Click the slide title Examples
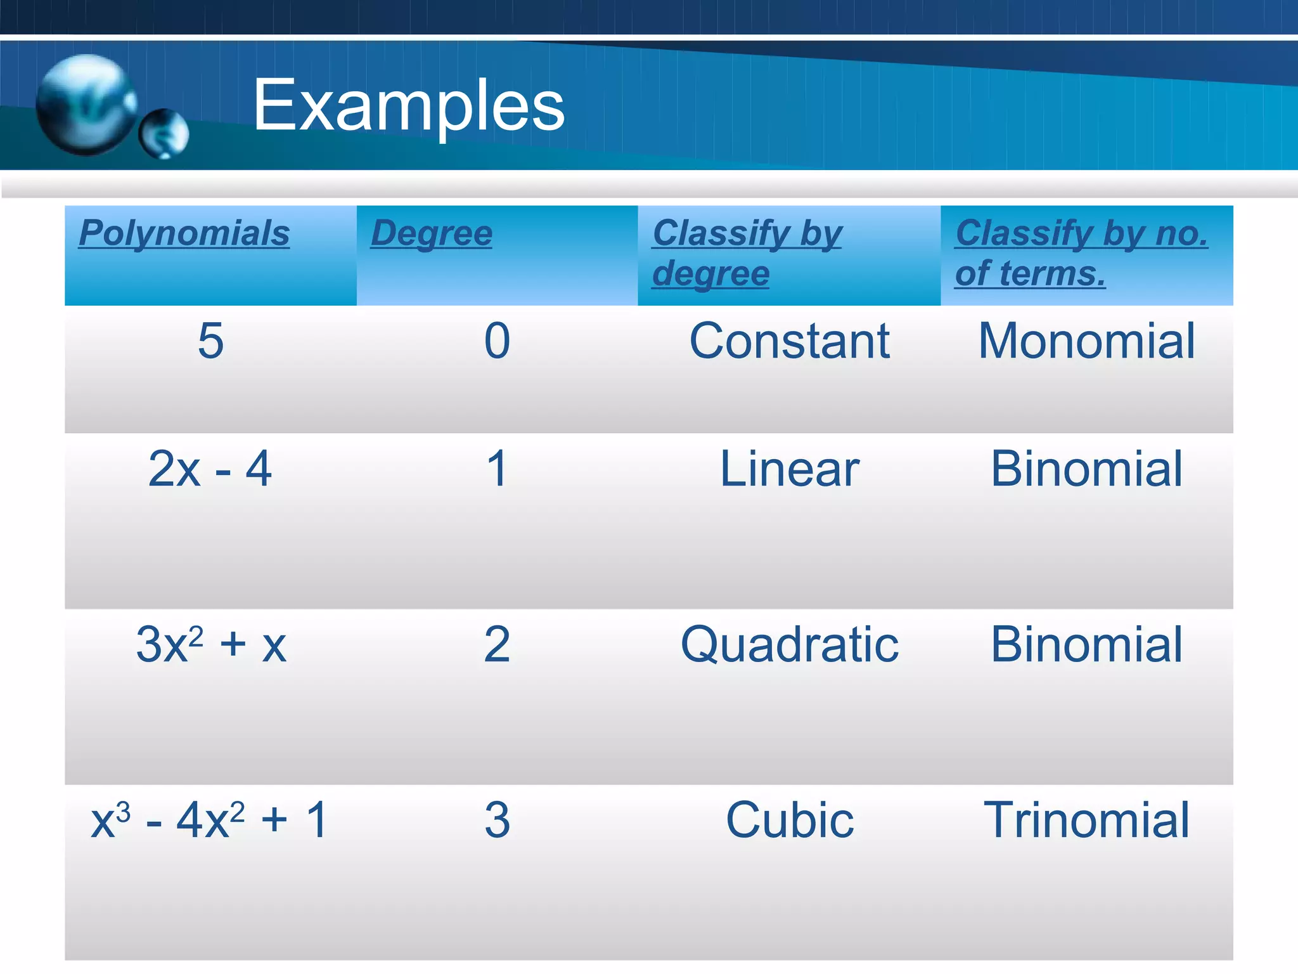[x=408, y=105]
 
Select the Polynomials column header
[x=184, y=233]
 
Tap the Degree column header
[x=432, y=233]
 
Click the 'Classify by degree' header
[x=747, y=253]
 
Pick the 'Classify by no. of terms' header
[x=1081, y=253]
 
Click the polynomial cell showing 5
[x=210, y=341]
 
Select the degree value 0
[x=497, y=341]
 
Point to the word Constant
[x=789, y=341]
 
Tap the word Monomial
[x=1086, y=341]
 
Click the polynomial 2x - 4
[x=210, y=469]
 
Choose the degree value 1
[x=497, y=469]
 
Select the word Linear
[x=789, y=469]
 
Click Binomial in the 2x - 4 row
[x=1086, y=469]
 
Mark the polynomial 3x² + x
[x=210, y=644]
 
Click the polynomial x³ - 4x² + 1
[x=210, y=820]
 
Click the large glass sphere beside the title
[x=86, y=105]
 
